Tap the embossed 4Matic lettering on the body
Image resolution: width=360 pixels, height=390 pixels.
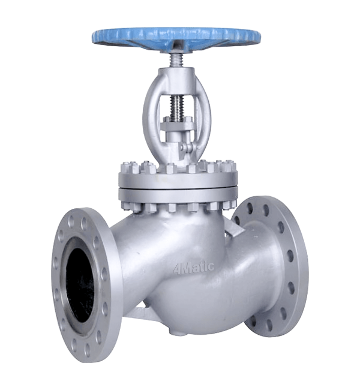click(x=194, y=268)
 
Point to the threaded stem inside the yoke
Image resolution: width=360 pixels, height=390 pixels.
click(x=177, y=106)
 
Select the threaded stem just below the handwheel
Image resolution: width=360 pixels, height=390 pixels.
click(x=176, y=61)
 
